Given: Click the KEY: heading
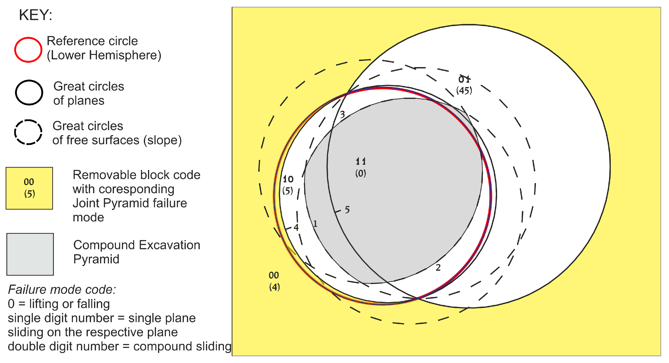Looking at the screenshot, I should coord(36,15).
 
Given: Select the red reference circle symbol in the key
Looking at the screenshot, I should coord(28,50).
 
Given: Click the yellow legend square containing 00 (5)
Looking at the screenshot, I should coord(29,188).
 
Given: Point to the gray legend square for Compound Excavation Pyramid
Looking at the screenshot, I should coord(30,254).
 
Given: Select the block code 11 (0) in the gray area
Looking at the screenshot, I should coord(361,167).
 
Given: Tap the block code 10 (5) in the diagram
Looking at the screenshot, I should coord(288,185).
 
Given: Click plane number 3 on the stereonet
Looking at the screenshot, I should coord(342,114).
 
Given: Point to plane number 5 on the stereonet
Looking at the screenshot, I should coord(347,210).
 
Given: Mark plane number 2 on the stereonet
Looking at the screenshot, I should coord(438,267).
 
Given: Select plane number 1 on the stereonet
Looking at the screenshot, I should coord(315,224).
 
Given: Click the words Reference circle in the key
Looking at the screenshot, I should coord(92,41).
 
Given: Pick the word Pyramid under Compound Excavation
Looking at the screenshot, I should coord(96,259).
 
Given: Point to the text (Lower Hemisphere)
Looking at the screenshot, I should coord(104,55).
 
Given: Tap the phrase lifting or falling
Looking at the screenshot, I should coord(69,304).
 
